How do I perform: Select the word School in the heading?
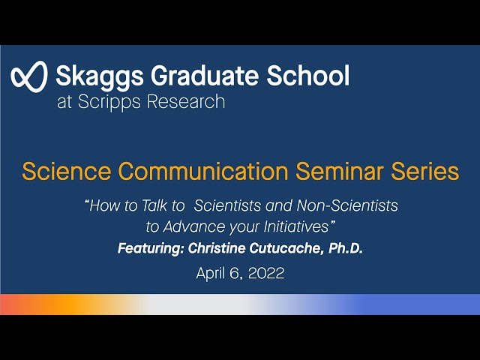coord(311,75)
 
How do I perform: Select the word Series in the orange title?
coord(423,172)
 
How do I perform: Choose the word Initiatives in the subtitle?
coord(295,226)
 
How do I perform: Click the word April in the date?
coord(211,274)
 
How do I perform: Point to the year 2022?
coord(266,274)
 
